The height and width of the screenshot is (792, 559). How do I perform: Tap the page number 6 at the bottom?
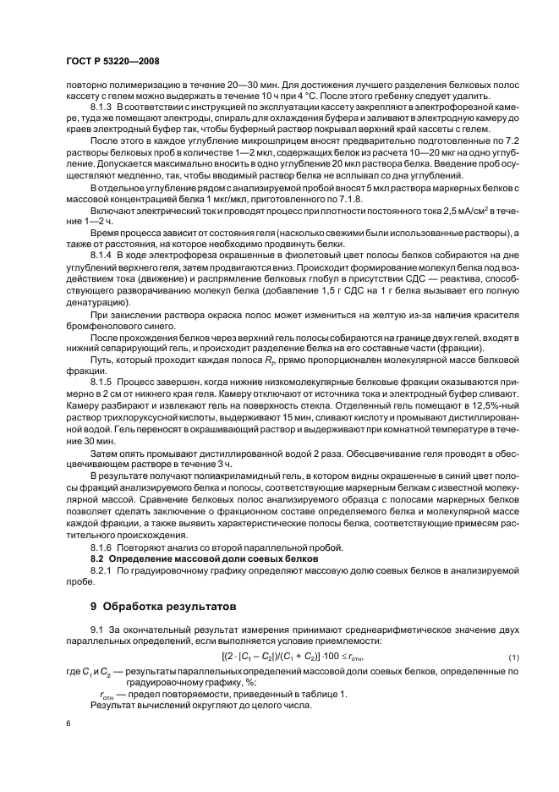tap(70, 725)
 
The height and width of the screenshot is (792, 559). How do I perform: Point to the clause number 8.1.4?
tap(102, 254)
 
